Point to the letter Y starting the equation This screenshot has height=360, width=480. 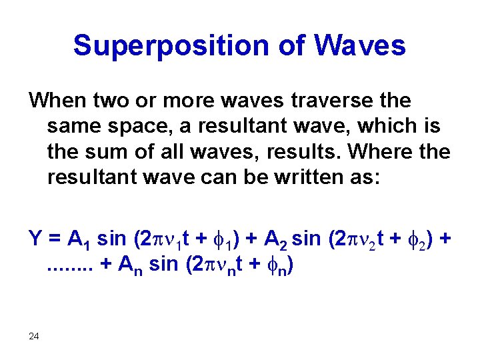(x=34, y=238)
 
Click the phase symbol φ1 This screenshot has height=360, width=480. (x=221, y=240)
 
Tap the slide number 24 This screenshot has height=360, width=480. (x=35, y=336)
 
